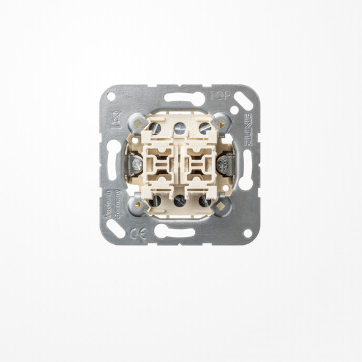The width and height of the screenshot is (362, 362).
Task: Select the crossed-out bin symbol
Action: click(x=113, y=119)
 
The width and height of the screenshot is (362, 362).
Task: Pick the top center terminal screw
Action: click(x=180, y=125)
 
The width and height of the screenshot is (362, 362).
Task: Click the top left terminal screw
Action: click(x=156, y=128)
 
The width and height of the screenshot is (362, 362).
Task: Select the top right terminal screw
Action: click(x=205, y=128)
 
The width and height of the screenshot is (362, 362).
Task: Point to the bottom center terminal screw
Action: click(x=180, y=199)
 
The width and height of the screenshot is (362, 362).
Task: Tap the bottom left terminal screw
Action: click(x=156, y=199)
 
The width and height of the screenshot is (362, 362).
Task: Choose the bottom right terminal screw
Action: click(x=205, y=199)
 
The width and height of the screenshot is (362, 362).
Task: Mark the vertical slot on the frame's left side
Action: click(x=113, y=160)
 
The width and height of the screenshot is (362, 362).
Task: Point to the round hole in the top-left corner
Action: click(x=111, y=96)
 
